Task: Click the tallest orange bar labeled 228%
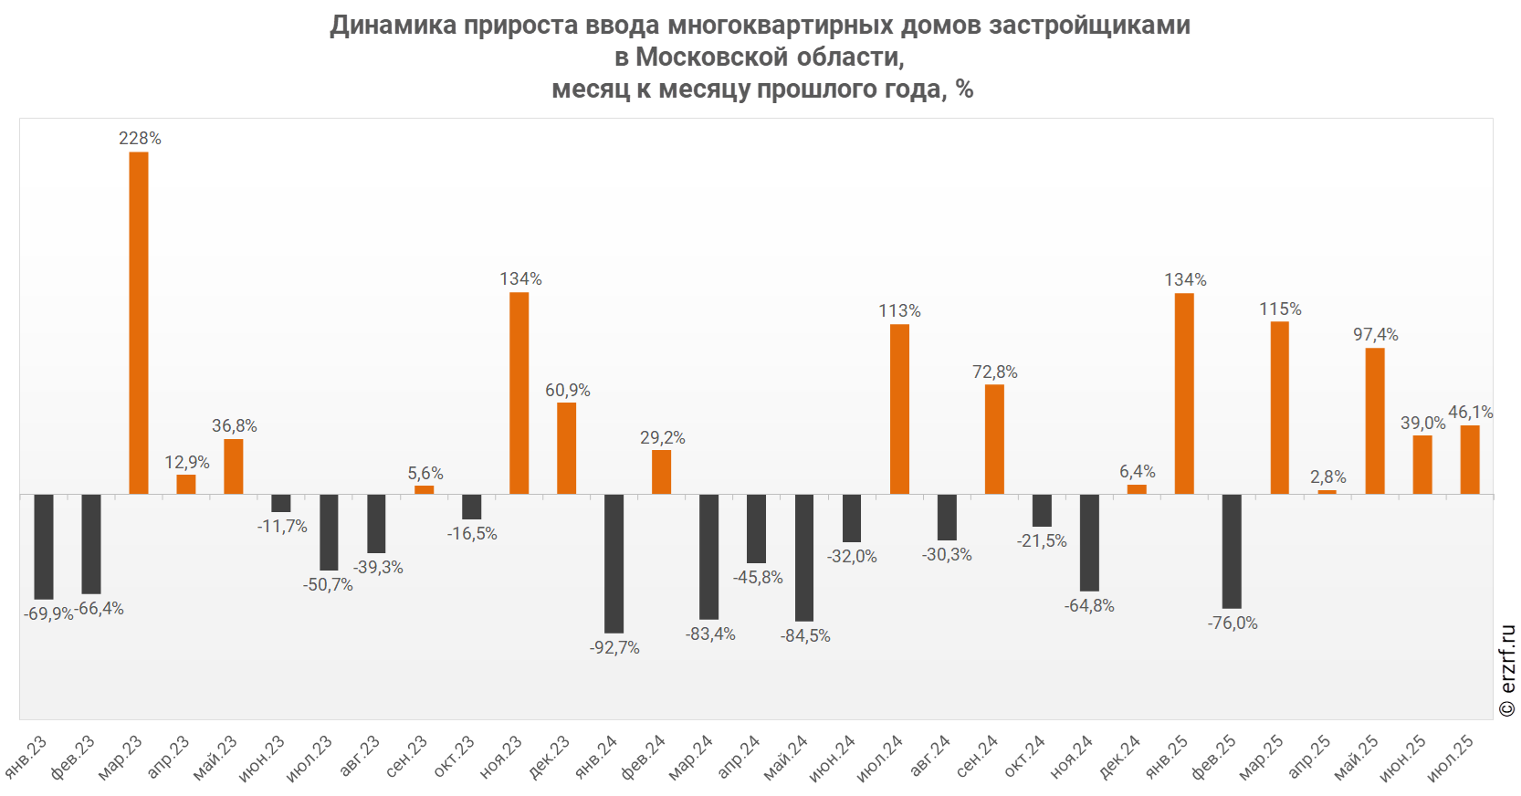(x=139, y=322)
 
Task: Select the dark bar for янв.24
(x=614, y=563)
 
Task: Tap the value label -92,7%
(x=614, y=648)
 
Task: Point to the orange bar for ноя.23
(x=519, y=393)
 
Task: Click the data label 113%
(x=899, y=311)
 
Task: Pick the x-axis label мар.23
(x=121, y=758)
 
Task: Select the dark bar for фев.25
(x=1232, y=550)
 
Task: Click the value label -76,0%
(x=1233, y=623)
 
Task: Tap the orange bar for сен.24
(x=994, y=439)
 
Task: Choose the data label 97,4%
(x=1375, y=335)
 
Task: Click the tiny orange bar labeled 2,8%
(x=1327, y=492)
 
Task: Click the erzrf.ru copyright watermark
(x=1507, y=671)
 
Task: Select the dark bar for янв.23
(x=44, y=546)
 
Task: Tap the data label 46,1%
(x=1470, y=413)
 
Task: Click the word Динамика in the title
(x=393, y=25)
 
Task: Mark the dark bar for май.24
(x=804, y=557)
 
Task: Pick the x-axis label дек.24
(x=1119, y=759)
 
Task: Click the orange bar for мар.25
(x=1279, y=407)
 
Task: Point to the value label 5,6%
(x=425, y=474)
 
